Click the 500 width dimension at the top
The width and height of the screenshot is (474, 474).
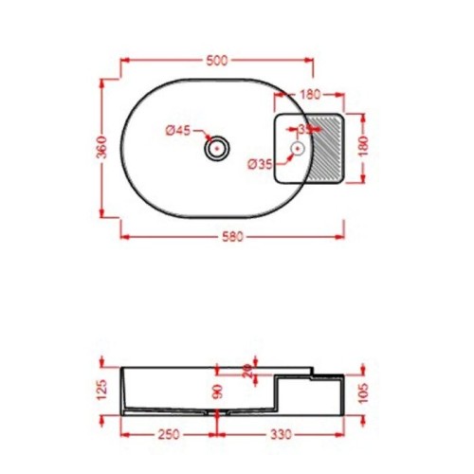click(217, 61)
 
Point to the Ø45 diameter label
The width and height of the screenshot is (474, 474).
click(178, 131)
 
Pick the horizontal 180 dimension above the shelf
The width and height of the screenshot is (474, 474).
click(310, 95)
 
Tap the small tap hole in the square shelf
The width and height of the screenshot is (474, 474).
click(297, 148)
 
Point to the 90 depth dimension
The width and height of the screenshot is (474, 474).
click(217, 391)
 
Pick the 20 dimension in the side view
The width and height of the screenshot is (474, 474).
click(247, 371)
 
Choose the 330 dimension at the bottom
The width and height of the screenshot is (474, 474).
click(279, 436)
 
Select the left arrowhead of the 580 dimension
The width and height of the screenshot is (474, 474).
click(122, 236)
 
